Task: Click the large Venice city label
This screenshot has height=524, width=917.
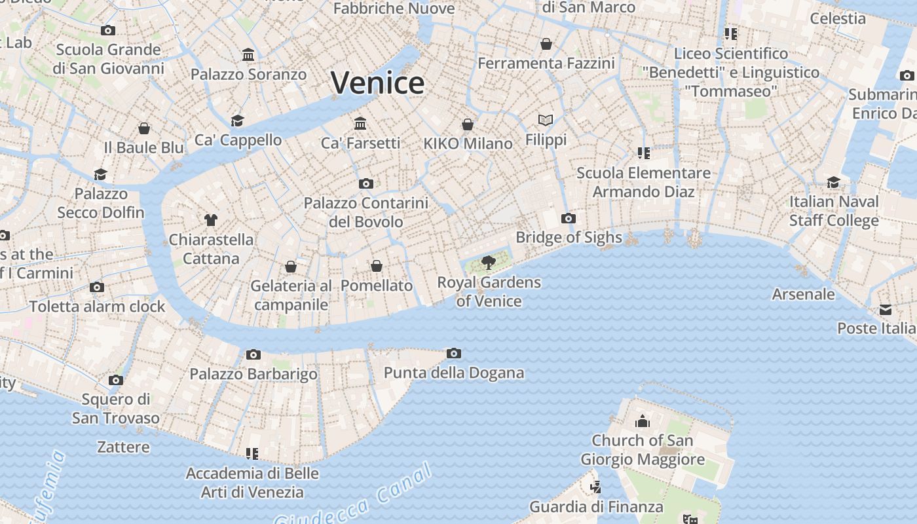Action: point(378,83)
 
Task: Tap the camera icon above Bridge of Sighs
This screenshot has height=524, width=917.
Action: point(568,218)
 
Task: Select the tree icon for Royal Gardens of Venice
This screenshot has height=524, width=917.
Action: point(488,263)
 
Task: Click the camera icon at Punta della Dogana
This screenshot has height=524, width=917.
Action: point(453,354)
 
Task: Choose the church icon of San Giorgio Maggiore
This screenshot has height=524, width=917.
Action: point(643,421)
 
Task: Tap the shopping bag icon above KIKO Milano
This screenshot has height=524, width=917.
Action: point(468,124)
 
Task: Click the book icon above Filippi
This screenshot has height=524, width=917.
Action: point(546,120)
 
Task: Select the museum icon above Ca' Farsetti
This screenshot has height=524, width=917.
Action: point(360,123)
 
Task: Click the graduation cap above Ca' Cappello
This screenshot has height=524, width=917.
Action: point(237,121)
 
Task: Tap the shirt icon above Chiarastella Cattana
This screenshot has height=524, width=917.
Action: point(210,219)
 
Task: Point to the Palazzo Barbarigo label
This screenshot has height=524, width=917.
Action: point(253,374)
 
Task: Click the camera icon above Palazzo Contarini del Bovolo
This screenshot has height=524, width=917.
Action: point(365,183)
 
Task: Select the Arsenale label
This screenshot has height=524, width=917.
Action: point(803,294)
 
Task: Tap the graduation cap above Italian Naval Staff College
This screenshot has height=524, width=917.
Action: point(833,181)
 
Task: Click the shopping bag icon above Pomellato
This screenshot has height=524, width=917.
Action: point(377,266)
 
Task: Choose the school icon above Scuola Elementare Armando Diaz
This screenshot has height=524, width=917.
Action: point(643,153)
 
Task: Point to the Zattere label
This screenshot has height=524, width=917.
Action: point(124,447)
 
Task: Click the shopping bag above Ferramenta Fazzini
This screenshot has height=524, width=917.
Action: point(546,44)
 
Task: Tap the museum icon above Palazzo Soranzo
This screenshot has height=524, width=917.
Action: point(248,54)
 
